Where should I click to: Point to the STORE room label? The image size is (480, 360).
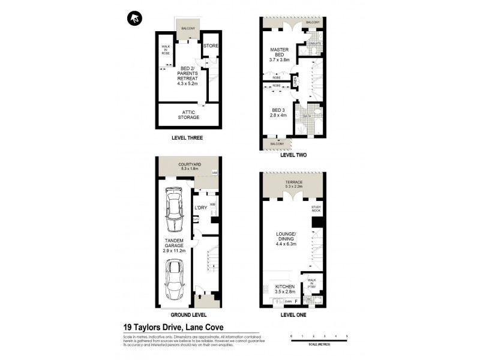210,46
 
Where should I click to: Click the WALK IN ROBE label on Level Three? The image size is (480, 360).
165,50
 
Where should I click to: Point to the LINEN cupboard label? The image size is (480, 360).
295,80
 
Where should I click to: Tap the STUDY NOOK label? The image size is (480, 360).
316,209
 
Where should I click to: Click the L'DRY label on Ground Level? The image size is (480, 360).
200,208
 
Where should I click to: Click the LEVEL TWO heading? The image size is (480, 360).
293,155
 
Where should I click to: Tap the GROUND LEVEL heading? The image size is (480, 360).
188,314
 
